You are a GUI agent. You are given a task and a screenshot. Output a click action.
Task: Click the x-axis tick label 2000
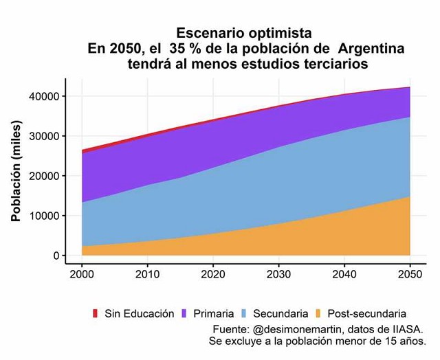click(82, 275)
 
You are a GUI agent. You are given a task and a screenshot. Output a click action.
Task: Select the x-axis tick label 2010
click(147, 275)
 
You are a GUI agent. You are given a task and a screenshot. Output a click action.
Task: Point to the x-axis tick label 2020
click(213, 275)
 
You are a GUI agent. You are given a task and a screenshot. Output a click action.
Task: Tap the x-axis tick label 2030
click(278, 275)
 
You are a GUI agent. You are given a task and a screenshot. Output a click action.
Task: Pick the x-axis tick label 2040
click(344, 275)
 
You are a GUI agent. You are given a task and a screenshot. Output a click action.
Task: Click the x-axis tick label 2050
click(410, 275)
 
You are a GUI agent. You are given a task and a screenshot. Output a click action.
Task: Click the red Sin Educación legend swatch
click(96, 314)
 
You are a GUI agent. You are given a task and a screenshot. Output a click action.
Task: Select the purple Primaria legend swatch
click(184, 314)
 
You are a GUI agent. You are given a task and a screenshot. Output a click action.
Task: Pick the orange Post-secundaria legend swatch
click(320, 314)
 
